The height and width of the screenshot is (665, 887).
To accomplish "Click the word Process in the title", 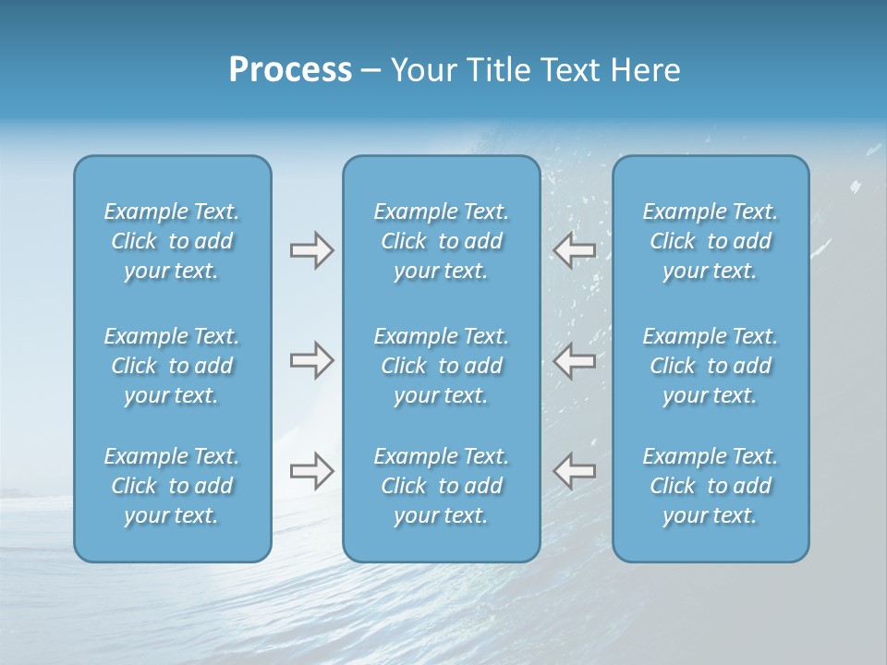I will click(290, 70).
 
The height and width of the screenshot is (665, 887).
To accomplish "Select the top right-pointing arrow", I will click(312, 250).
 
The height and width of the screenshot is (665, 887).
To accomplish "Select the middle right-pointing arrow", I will click(312, 360).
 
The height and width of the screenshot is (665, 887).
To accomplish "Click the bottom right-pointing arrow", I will click(312, 471).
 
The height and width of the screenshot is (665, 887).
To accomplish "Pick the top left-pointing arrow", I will click(575, 250).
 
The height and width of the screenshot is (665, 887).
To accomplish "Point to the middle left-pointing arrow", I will click(575, 360).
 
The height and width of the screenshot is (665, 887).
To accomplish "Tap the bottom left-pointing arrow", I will click(575, 471).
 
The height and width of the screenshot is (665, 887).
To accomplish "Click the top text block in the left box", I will click(172, 241).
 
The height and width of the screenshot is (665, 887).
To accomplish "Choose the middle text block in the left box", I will click(172, 366).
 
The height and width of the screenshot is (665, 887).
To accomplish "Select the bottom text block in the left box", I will click(172, 486).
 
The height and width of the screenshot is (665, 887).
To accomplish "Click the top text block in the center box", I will click(442, 241).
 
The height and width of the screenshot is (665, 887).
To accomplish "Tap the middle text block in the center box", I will click(442, 366).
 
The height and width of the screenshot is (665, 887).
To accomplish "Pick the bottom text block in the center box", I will click(442, 486).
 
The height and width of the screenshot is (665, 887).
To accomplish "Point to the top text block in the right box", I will click(711, 241).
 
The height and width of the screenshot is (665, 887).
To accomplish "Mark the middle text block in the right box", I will click(711, 366).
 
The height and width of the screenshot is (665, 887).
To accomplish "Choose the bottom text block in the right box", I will click(711, 486).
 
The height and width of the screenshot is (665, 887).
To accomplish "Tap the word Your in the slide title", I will click(421, 70).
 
